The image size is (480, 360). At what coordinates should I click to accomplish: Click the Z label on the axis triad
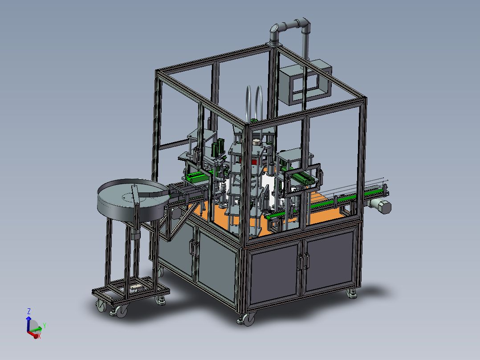coord(28,311)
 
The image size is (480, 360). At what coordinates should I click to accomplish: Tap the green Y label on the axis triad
coord(45,326)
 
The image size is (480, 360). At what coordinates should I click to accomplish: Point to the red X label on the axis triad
coord(39,336)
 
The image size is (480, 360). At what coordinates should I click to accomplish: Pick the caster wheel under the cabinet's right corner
coord(352,292)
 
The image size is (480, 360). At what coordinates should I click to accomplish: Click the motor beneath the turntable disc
coord(135,233)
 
